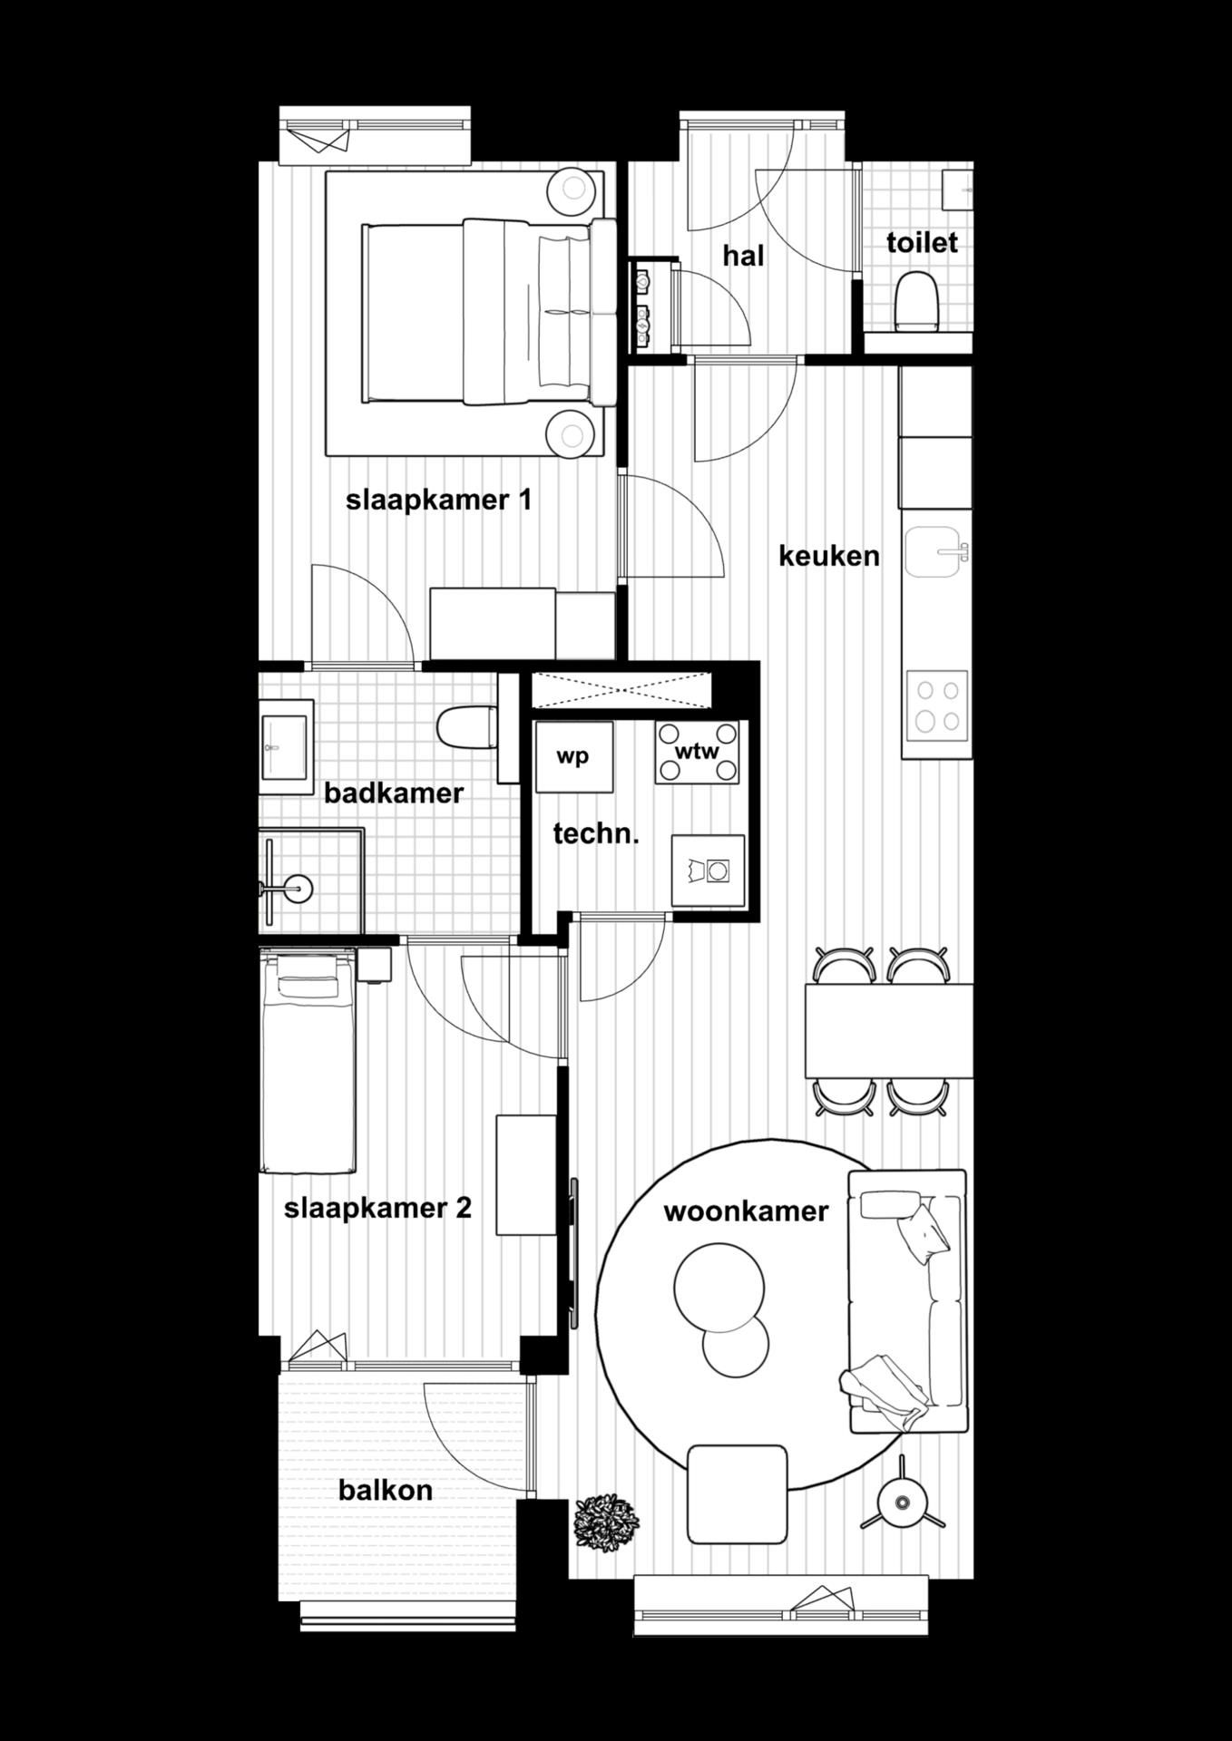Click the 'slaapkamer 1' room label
(x=438, y=500)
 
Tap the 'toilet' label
(x=922, y=243)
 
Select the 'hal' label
(x=743, y=256)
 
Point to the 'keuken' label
(x=829, y=555)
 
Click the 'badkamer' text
(x=394, y=793)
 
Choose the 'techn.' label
(x=596, y=834)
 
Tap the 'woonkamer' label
(x=746, y=1211)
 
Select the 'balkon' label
(x=385, y=1490)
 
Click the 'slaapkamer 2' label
(x=377, y=1208)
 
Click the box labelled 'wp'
(x=572, y=756)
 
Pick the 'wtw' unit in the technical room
(x=697, y=752)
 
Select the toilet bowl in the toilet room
(x=914, y=301)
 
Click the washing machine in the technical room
(x=708, y=870)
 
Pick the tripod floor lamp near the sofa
(x=901, y=1503)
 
